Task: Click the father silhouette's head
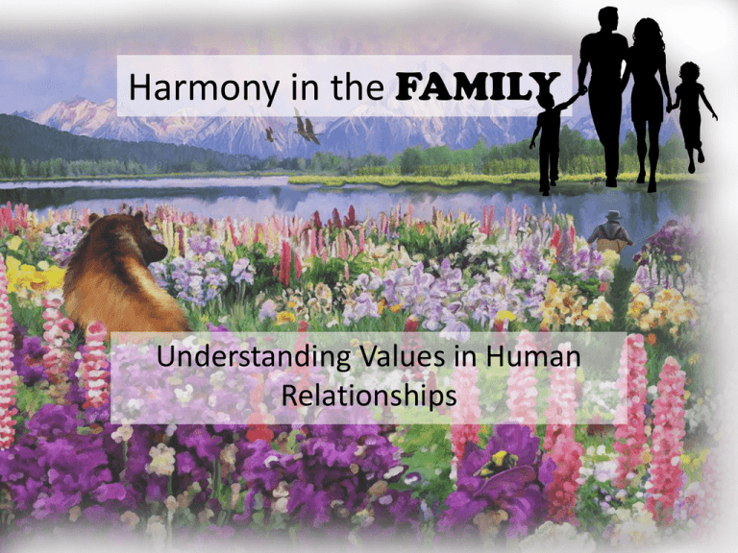(608, 21)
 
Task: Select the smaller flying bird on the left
(270, 134)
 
